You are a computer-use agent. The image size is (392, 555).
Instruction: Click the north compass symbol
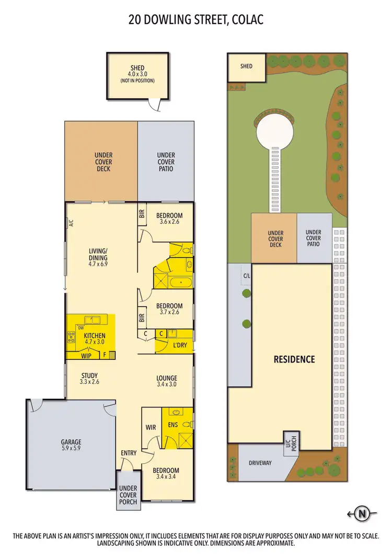pyautogui.click(x=361, y=514)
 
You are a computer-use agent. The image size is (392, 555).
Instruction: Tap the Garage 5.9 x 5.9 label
pyautogui.click(x=70, y=445)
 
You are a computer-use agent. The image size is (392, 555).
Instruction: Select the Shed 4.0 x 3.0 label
pyautogui.click(x=137, y=74)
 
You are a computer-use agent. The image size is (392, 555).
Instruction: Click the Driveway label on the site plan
pyautogui.click(x=260, y=463)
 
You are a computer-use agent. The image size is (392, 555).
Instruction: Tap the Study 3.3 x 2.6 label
pyautogui.click(x=89, y=379)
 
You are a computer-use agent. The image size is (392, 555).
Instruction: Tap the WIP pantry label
pyautogui.click(x=86, y=356)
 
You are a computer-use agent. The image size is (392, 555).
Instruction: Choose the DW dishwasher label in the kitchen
pyautogui.click(x=80, y=328)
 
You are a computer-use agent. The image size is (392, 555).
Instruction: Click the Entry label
pyautogui.click(x=129, y=453)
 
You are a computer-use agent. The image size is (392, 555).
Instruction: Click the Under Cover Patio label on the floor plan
pyautogui.click(x=166, y=162)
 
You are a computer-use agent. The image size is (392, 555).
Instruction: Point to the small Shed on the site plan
pyautogui.click(x=246, y=66)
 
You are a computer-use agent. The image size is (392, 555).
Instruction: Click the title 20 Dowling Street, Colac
pyautogui.click(x=195, y=20)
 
